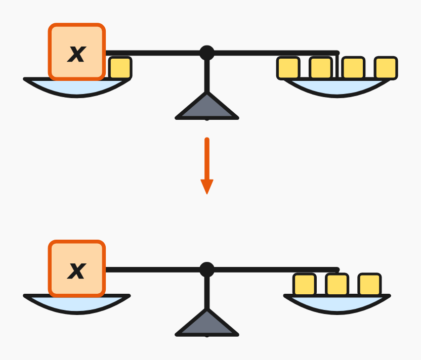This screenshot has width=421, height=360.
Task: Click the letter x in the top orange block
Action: click(77, 54)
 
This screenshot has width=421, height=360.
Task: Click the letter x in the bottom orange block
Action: click(77, 271)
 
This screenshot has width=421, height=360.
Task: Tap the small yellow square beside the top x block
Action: click(120, 68)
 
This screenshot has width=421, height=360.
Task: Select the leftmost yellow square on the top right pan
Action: click(288, 68)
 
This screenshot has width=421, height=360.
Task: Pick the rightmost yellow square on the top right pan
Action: click(386, 68)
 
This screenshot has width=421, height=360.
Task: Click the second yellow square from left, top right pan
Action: click(321, 68)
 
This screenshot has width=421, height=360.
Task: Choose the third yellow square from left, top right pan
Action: click(353, 68)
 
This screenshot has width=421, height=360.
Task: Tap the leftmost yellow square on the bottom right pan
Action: click(305, 285)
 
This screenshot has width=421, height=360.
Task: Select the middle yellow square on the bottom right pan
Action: click(337, 285)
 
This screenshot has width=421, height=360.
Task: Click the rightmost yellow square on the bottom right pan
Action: click(369, 285)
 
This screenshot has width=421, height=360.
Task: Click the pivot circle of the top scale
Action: click(207, 53)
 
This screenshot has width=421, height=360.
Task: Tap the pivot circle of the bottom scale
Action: click(207, 269)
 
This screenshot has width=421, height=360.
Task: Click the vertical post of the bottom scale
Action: click(207, 292)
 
